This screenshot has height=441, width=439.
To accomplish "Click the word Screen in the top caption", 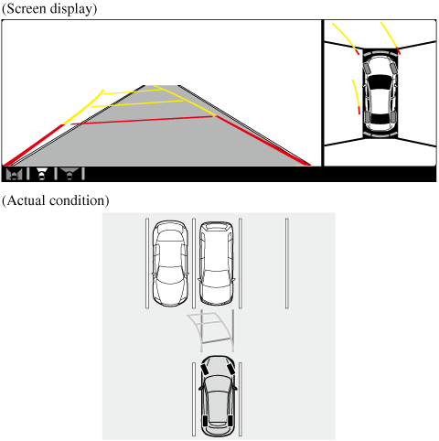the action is click(x=26, y=8).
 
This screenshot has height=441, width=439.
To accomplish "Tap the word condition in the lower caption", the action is click(x=79, y=200).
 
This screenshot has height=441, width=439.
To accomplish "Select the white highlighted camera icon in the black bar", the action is click(x=42, y=174).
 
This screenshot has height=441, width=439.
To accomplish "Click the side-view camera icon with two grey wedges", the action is click(x=14, y=174).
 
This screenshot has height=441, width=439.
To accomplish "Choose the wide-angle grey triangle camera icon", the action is click(x=70, y=174).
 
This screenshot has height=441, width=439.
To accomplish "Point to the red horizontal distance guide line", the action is click(x=143, y=120).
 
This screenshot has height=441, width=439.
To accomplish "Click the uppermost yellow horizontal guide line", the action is click(x=132, y=91).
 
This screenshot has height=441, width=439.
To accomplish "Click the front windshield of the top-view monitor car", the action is click(x=380, y=81).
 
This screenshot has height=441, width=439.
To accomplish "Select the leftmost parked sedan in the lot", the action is click(x=170, y=264).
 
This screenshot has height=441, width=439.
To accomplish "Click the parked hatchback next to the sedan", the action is click(x=216, y=264).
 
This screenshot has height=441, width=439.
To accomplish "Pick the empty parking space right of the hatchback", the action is click(x=263, y=264).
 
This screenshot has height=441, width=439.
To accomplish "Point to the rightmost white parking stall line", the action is click(x=287, y=264).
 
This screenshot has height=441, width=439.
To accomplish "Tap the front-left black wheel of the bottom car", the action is click(x=204, y=370).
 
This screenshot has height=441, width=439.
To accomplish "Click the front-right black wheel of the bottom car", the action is click(x=230, y=370).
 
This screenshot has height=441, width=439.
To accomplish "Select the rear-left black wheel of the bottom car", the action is click(x=205, y=421).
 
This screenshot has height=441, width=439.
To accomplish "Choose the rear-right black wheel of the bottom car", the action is click(x=230, y=421).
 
